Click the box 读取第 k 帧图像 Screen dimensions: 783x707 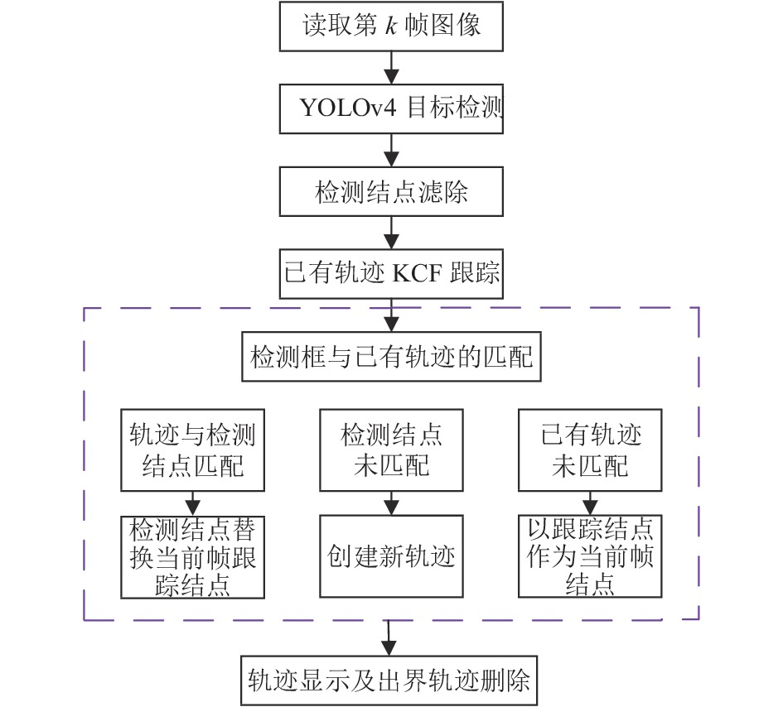coord(391,26)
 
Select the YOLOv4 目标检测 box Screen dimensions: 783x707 coord(391,108)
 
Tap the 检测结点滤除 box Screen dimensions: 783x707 coord(391,191)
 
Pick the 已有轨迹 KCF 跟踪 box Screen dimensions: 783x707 coord(391,274)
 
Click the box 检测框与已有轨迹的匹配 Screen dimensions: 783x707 coord(391,357)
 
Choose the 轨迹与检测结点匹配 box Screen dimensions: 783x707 coord(193,450)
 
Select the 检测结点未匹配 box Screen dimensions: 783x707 coord(391,450)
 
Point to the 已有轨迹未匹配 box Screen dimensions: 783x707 coord(590,450)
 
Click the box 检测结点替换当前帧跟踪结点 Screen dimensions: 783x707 coord(193,557)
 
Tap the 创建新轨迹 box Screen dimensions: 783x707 coord(391,556)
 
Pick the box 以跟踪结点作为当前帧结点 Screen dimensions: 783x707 coord(590,556)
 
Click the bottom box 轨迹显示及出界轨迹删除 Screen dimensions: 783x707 coord(389,681)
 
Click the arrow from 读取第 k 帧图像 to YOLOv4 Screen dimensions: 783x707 coord(391,67)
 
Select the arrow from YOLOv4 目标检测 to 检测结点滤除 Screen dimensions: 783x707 coord(391,150)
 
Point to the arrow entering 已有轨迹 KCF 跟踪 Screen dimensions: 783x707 coord(391,233)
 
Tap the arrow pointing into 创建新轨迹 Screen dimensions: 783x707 coord(391,503)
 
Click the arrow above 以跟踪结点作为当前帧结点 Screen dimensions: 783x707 coord(590,503)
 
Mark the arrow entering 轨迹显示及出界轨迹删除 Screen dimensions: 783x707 coord(389,637)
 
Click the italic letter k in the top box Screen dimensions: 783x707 coord(391,25)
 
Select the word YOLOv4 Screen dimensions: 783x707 coord(348,108)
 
